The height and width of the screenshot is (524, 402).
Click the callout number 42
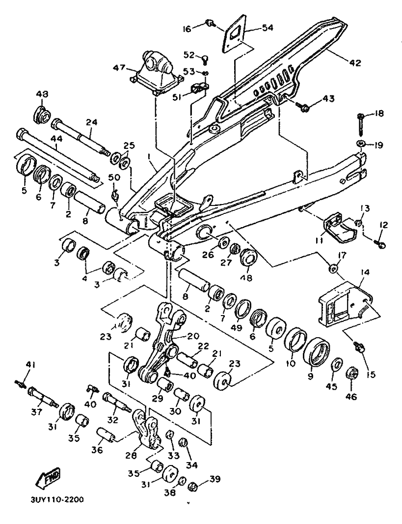pyautogui.click(x=355, y=62)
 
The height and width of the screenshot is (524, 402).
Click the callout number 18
pyautogui.click(x=379, y=113)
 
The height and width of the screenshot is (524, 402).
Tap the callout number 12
pyautogui.click(x=383, y=225)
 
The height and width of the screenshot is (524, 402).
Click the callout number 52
pyautogui.click(x=189, y=55)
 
